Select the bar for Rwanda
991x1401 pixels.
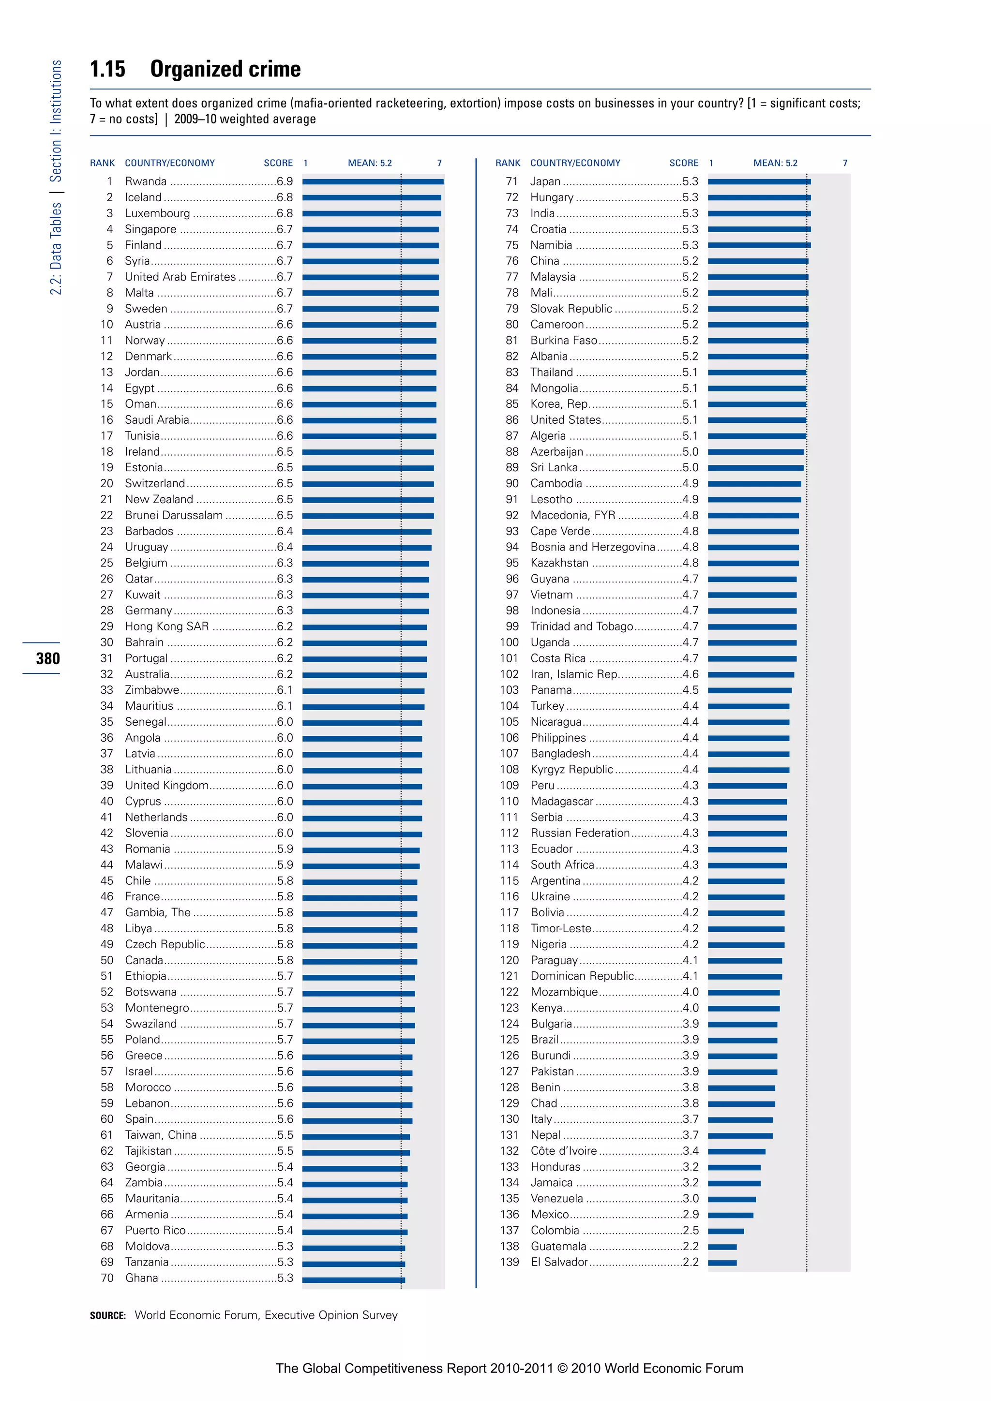(373, 181)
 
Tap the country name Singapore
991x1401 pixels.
(150, 229)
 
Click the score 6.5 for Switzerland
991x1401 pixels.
(285, 483)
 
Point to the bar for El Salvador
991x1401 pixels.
(722, 1263)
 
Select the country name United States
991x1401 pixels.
(566, 420)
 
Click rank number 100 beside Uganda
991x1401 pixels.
(509, 642)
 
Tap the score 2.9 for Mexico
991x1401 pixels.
(690, 1214)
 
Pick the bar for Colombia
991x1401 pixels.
(725, 1231)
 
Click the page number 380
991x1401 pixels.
(47, 658)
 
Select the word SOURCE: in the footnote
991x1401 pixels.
(108, 1315)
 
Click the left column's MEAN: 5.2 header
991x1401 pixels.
(370, 163)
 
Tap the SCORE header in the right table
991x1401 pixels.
(683, 163)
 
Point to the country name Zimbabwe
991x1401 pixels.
(152, 690)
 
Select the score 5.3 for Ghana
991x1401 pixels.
(285, 1278)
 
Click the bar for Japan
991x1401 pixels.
(759, 181)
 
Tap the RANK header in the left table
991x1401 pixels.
(102, 163)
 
